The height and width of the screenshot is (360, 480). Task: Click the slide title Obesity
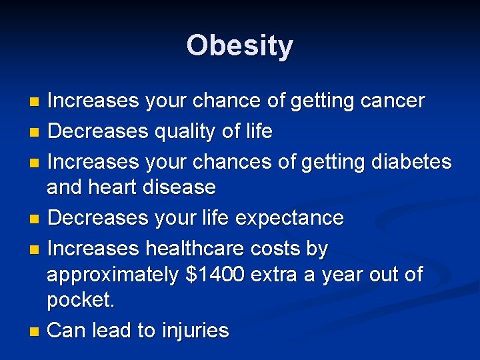[x=240, y=46]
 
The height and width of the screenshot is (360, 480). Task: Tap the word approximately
[x=113, y=275]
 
